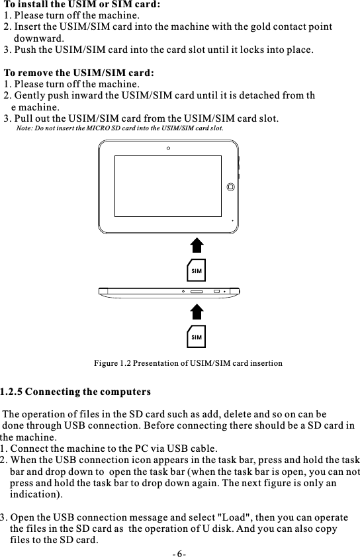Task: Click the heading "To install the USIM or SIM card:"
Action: pyautogui.click(x=82, y=5)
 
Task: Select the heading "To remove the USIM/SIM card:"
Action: pyautogui.click(x=79, y=73)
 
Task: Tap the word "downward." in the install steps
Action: pyautogui.click(x=39, y=38)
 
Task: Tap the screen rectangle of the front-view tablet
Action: pyautogui.click(x=167, y=186)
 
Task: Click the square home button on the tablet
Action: pyautogui.click(x=230, y=187)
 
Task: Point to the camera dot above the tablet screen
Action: pyautogui.click(x=169, y=148)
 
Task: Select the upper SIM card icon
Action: pyautogui.click(x=196, y=270)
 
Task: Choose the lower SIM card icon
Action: pyautogui.click(x=196, y=337)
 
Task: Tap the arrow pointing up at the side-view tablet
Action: pyautogui.click(x=197, y=312)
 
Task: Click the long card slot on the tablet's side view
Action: pyautogui.click(x=197, y=291)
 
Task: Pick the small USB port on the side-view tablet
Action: pyautogui.click(x=216, y=291)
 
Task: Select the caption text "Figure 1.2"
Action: pyautogui.click(x=112, y=363)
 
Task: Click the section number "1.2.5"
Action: pyautogui.click(x=11, y=391)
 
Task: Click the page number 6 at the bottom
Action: pyautogui.click(x=179, y=552)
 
